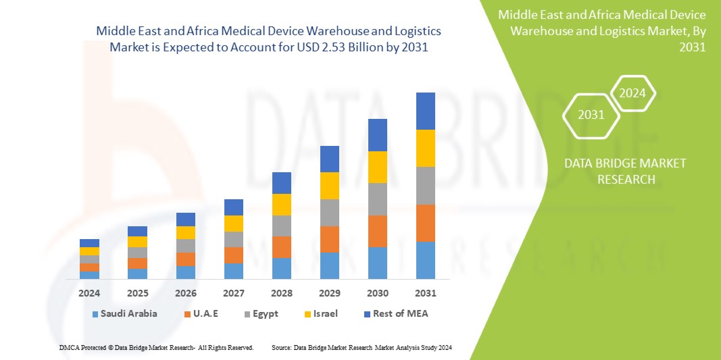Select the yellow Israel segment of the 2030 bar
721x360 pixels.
378,167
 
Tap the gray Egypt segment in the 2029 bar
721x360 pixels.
329,212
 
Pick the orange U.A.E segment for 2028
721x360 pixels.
282,247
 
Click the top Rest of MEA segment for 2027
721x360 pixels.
234,207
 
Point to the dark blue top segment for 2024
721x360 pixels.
89,243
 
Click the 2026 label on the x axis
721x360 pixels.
186,293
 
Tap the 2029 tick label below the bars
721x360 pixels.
329,293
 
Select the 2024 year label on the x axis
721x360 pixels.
89,293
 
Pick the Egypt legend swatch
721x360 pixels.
247,314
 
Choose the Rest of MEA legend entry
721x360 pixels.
396,313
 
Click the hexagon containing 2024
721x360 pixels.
632,93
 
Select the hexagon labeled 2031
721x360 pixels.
591,115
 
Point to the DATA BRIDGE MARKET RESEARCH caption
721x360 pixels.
615,171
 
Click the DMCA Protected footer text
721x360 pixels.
155,347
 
